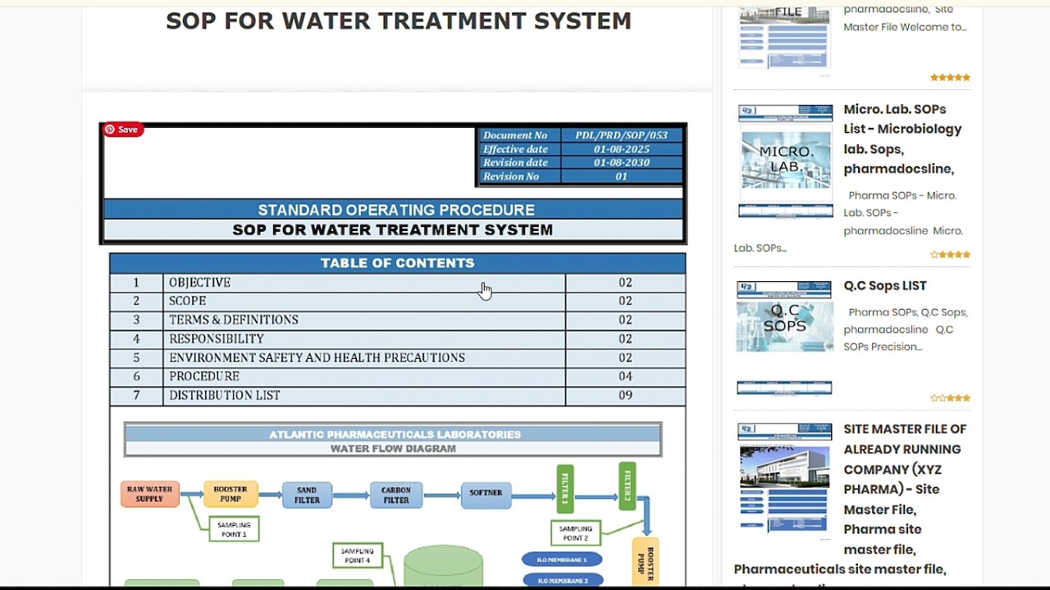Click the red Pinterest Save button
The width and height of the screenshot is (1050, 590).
pyautogui.click(x=122, y=129)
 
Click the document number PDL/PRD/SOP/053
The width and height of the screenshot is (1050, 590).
pyautogui.click(x=621, y=135)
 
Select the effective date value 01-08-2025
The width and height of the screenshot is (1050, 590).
pyautogui.click(x=621, y=149)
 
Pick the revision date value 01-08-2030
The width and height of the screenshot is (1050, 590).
pyautogui.click(x=621, y=162)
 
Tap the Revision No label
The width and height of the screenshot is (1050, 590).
pyautogui.click(x=510, y=176)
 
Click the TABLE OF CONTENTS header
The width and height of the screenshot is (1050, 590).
pyautogui.click(x=397, y=263)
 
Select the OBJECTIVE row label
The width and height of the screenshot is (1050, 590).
pyautogui.click(x=199, y=283)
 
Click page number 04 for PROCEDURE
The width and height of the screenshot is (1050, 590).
pyautogui.click(x=625, y=376)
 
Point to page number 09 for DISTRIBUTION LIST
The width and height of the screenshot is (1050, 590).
pyautogui.click(x=625, y=395)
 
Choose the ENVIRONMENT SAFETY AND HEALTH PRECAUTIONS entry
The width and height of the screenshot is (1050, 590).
pyautogui.click(x=317, y=357)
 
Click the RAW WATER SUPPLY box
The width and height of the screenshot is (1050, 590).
pyautogui.click(x=149, y=494)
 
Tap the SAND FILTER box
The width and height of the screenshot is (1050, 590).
pyautogui.click(x=307, y=494)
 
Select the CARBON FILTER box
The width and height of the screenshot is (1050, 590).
pyautogui.click(x=395, y=494)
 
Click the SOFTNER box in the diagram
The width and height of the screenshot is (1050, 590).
pyautogui.click(x=486, y=493)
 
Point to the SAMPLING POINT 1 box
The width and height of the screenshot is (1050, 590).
pyautogui.click(x=234, y=529)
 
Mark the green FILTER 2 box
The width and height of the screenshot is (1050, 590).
pyautogui.click(x=628, y=486)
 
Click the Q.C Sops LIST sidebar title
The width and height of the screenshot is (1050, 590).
pyautogui.click(x=884, y=286)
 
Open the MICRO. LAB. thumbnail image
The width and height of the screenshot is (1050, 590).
pyautogui.click(x=785, y=161)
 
